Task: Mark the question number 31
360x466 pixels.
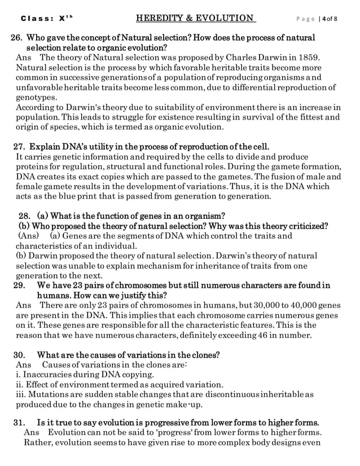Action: click(19, 422)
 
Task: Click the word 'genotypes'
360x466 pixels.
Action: click(36, 96)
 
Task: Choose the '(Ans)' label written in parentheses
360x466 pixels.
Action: click(29, 236)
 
